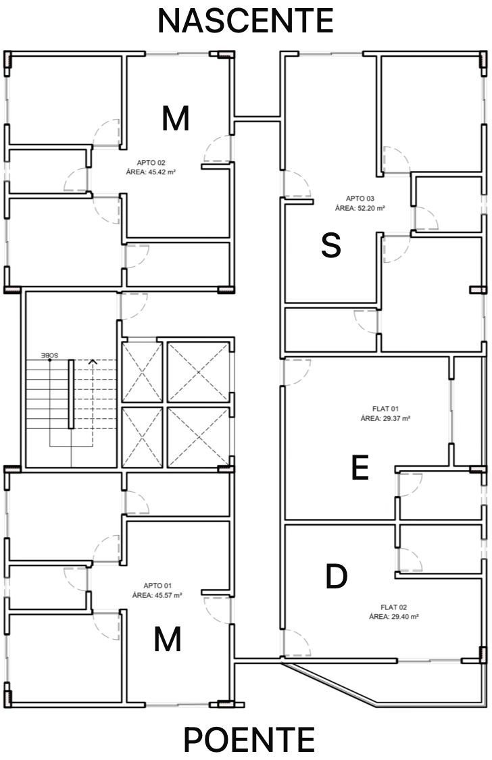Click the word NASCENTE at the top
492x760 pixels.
tap(246, 21)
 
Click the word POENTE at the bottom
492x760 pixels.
tap(249, 739)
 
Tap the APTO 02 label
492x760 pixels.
tap(151, 163)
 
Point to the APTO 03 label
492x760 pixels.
tap(360, 198)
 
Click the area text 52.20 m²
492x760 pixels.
tap(368, 208)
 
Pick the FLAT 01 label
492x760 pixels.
tap(385, 409)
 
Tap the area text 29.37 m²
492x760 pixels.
tap(393, 418)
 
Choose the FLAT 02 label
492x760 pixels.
tap(393, 607)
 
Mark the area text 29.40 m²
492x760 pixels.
tap(402, 617)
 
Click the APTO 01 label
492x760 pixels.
tap(157, 586)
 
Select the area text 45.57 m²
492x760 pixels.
tap(166, 594)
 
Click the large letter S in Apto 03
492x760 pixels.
tap(331, 245)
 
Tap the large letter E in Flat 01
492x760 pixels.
tap(360, 467)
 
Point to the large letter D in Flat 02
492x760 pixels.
tap(336, 576)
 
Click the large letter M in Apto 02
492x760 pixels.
tap(175, 118)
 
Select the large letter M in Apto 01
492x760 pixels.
tap(168, 639)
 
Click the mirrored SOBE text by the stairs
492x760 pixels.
tap(49, 355)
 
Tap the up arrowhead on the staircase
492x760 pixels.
tap(93, 361)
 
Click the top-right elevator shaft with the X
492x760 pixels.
tap(198, 372)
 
